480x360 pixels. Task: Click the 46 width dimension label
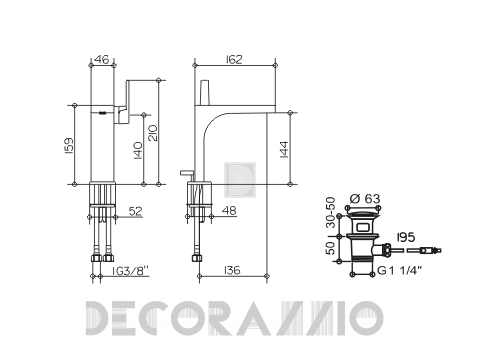(101, 59)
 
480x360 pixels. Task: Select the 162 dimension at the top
(234, 59)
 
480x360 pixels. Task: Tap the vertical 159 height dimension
(69, 146)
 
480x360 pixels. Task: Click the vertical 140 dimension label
(138, 151)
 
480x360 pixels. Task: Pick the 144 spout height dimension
(284, 149)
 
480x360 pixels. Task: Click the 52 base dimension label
(135, 211)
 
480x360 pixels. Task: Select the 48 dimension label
(229, 210)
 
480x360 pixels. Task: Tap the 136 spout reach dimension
(232, 270)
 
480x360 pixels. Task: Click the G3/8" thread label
(130, 271)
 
